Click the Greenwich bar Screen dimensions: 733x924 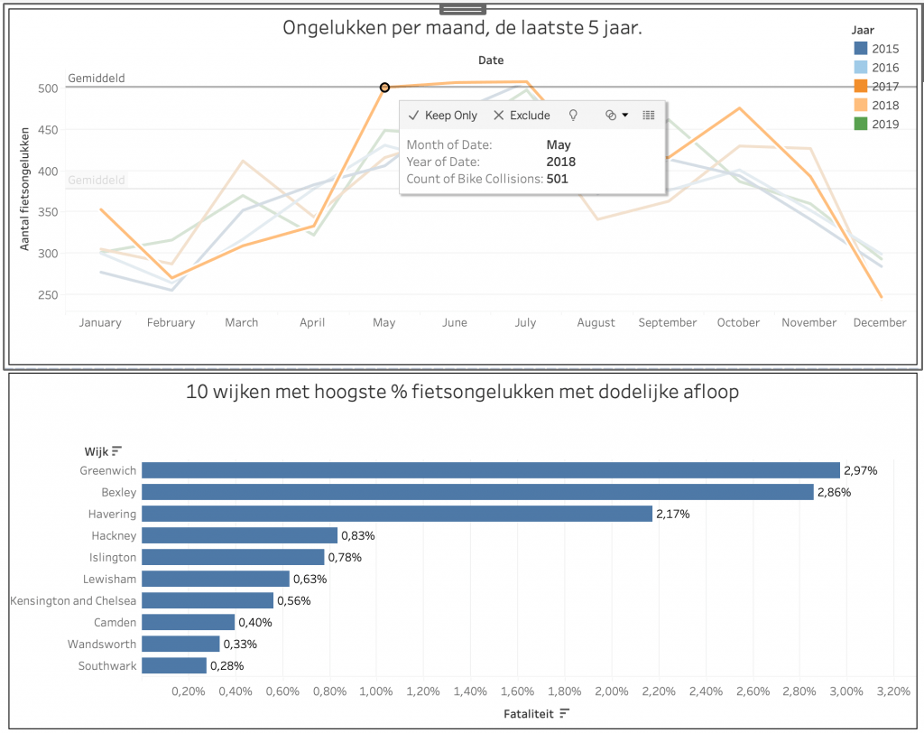[x=490, y=470]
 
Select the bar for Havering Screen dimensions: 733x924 [x=396, y=514]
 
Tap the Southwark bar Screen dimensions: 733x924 [x=173, y=665]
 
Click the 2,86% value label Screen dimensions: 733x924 [x=834, y=492]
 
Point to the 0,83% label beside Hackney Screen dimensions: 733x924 [x=357, y=535]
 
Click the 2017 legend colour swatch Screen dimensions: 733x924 [x=860, y=87]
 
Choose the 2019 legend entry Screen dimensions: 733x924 [x=884, y=124]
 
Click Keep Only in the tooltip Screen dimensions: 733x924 [x=442, y=116]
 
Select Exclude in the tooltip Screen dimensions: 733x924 [x=522, y=116]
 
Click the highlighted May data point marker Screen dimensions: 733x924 [x=384, y=88]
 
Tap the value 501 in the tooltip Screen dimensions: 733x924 [x=558, y=179]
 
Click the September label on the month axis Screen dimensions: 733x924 [x=667, y=322]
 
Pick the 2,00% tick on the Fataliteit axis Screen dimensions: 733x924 [x=611, y=692]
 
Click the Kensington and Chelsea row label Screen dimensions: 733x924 [x=73, y=600]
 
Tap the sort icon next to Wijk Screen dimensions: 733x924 [x=116, y=450]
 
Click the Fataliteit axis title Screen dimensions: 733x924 [x=529, y=713]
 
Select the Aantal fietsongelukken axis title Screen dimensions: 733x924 [x=26, y=188]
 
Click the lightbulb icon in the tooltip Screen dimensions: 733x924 [x=572, y=116]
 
